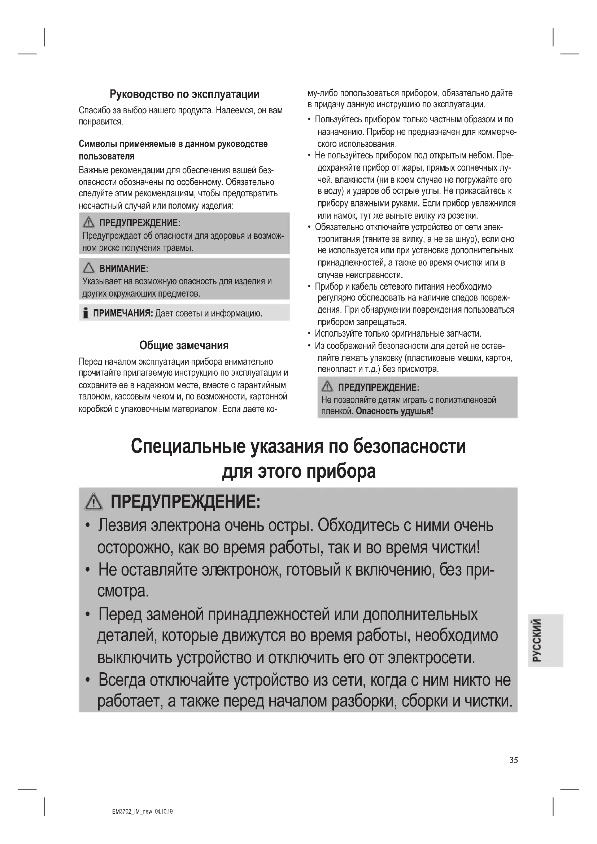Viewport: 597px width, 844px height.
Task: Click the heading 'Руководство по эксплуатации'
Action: point(184,95)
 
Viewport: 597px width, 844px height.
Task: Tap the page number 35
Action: point(514,760)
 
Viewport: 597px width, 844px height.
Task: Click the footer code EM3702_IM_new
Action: point(132,812)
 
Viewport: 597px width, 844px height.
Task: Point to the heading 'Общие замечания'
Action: point(184,346)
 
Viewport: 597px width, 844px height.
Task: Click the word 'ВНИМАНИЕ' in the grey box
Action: point(123,268)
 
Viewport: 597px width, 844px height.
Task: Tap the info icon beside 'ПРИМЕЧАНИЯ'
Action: point(86,313)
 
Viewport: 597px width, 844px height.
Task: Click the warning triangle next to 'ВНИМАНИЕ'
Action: point(88,268)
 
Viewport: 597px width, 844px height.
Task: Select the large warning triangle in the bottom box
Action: point(94,502)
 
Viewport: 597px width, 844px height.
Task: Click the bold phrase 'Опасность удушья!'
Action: point(395,411)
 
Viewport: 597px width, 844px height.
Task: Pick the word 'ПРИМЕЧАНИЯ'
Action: point(123,313)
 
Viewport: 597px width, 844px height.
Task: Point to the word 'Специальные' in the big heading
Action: point(188,447)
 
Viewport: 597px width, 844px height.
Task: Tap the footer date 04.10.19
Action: point(164,812)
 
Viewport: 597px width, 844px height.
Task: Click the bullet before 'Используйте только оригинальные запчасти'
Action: point(310,334)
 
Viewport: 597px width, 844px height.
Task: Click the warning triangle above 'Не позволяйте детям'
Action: point(327,387)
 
